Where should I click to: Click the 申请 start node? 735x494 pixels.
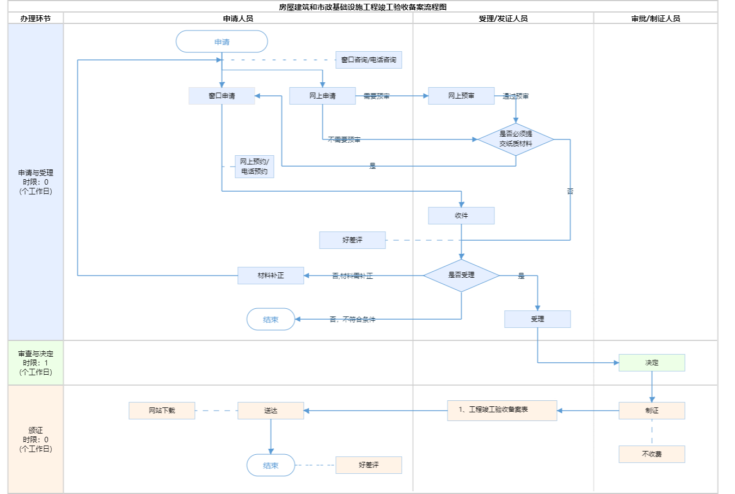coord(222,42)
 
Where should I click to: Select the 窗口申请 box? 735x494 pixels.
coord(222,96)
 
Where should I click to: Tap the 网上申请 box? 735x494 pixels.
coord(322,96)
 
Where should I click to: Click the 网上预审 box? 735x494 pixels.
coord(461,96)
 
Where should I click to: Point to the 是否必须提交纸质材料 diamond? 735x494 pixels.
coord(516,139)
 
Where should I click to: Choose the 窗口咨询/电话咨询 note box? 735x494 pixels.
coord(369,60)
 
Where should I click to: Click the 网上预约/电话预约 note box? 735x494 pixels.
coord(254,167)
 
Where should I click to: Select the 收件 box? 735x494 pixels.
coord(461,216)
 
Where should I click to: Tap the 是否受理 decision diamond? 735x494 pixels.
coord(461,275)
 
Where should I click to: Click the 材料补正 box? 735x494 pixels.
coord(271,276)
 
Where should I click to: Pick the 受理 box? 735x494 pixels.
coord(537,319)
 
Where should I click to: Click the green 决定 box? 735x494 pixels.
coord(652,363)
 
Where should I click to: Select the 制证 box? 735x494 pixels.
coord(652,411)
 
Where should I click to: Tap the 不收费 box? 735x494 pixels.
coord(652,454)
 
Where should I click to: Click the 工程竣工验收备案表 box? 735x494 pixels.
coord(502,410)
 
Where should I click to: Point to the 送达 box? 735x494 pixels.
coord(271,411)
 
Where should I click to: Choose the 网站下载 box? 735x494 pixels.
coord(162,411)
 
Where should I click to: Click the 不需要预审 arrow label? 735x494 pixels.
coord(344,139)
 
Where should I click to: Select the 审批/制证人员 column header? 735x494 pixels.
coord(656,19)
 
